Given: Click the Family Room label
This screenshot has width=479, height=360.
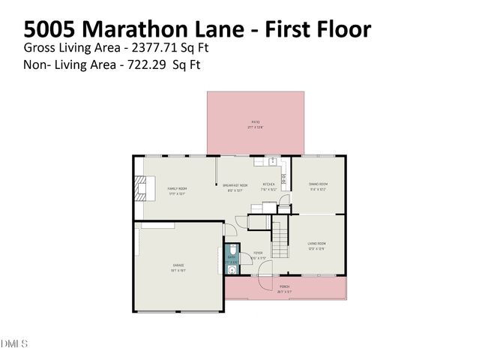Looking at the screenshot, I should coord(177,188).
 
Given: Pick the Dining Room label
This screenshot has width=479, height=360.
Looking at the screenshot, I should coord(319,184).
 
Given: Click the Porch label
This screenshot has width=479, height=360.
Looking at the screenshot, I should coord(285,286).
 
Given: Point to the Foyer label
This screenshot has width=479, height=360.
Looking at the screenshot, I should coord(257,253).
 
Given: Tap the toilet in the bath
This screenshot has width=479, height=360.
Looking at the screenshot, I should coord(232,250).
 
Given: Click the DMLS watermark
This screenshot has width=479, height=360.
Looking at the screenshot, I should coord(13,344).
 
